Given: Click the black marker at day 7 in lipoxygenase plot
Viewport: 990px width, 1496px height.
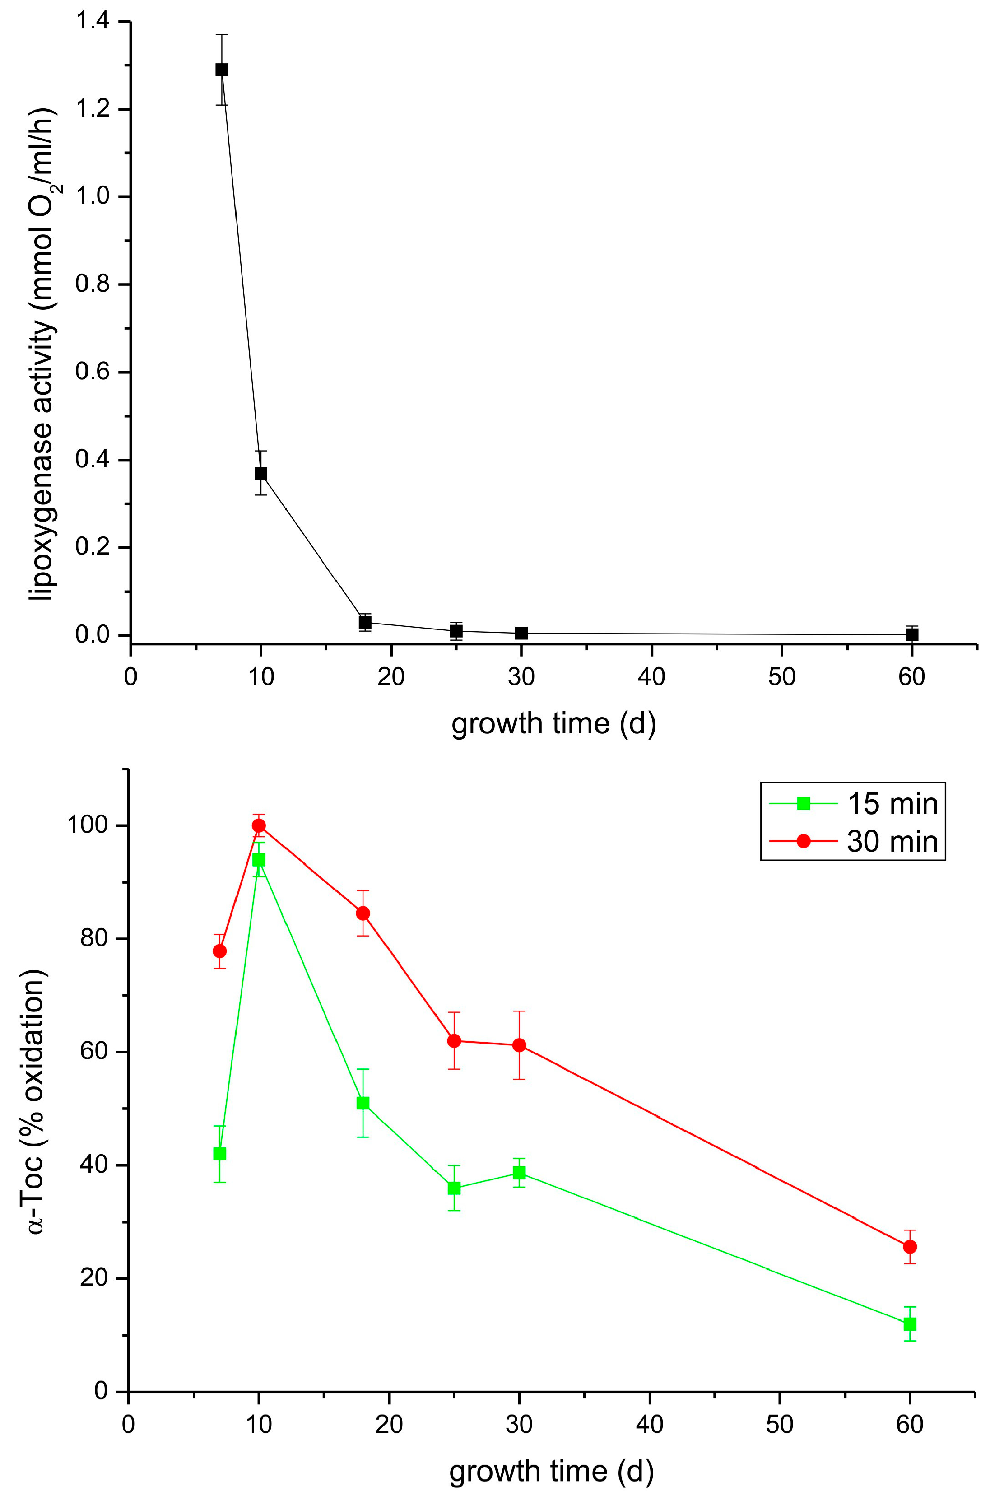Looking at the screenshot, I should pos(222,70).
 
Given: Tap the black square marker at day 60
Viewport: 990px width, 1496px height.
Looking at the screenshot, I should pos(912,634).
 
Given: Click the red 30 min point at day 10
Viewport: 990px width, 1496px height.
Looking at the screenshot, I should pos(259,825).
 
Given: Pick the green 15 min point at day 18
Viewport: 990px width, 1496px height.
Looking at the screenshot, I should pos(363,1103).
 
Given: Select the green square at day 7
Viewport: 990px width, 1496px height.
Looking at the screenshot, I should pos(220,1154).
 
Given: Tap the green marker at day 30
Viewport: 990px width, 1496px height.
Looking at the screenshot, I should pos(519,1173).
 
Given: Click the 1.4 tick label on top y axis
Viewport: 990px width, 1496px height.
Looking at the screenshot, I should pos(92,22).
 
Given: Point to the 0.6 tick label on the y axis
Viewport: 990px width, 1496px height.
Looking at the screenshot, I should pos(92,372).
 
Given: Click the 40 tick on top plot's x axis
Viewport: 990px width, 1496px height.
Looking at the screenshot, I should pos(651,677).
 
